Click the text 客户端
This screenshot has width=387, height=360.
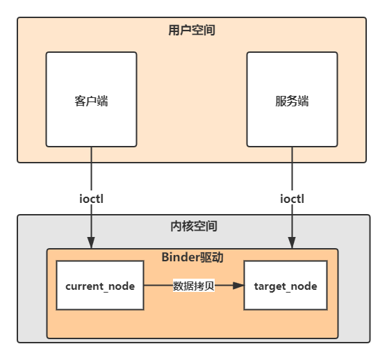pos(91,101)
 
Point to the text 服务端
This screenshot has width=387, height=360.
pos(292,101)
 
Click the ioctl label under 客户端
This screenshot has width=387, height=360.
pos(92,199)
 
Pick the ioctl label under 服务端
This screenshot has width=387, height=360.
pos(292,199)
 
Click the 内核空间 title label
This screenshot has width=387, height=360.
pos(193,227)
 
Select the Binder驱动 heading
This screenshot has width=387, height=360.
pos(192,257)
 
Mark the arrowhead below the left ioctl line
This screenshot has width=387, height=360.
pos(91,243)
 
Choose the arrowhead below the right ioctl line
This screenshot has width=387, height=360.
pos(292,243)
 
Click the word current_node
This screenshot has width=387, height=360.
pos(99,286)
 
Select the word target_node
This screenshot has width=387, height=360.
pos(286,286)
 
